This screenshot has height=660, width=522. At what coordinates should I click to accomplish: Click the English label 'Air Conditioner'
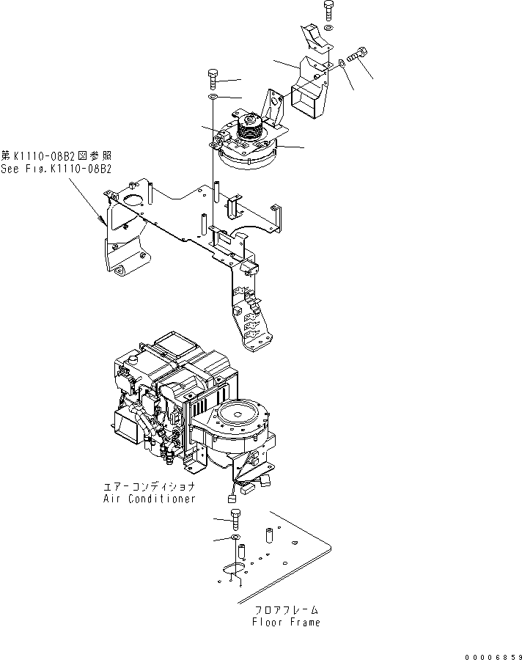[x=149, y=498]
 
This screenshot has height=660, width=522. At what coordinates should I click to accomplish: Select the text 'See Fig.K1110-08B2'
[x=56, y=168]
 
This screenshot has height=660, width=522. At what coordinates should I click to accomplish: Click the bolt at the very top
[x=328, y=11]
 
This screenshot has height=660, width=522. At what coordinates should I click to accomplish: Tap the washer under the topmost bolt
[x=328, y=27]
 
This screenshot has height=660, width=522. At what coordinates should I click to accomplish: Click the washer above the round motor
[x=213, y=97]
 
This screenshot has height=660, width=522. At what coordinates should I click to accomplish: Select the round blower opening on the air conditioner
[x=238, y=414]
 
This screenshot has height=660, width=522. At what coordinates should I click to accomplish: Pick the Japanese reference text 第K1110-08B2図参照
[x=56, y=155]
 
